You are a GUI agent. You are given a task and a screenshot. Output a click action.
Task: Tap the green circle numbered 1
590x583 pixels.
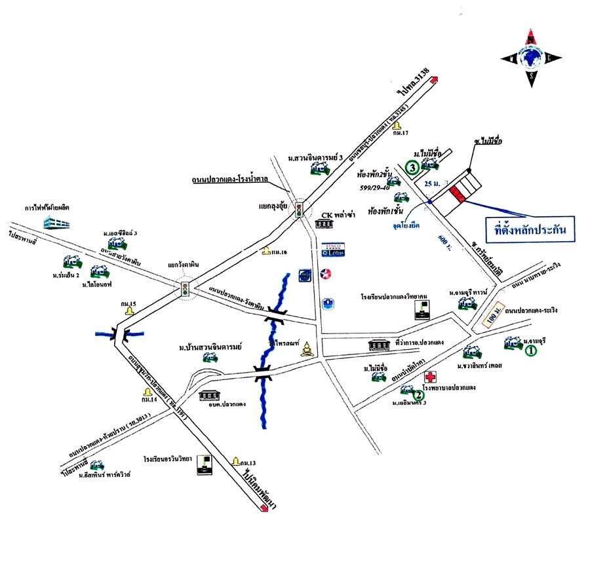pos(532,350)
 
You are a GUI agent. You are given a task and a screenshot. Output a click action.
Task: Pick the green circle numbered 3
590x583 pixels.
pos(411,168)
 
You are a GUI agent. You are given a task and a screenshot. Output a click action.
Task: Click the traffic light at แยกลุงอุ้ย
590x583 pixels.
pos(300,210)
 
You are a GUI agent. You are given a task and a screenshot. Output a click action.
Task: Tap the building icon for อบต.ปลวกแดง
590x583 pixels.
pos(210,396)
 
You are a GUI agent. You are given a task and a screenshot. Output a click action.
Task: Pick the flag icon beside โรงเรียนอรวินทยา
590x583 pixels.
pos(206,464)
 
